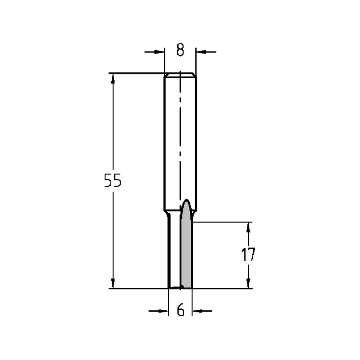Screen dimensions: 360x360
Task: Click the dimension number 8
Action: (180, 50)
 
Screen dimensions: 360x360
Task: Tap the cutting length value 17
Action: (248, 255)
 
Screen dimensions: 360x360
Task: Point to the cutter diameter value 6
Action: (181, 310)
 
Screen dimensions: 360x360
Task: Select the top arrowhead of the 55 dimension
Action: (113, 79)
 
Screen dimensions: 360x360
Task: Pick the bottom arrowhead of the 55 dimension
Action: (113, 282)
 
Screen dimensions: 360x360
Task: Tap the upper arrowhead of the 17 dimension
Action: (248, 228)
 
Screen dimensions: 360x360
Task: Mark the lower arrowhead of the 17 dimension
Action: (248, 283)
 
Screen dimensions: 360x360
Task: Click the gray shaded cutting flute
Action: (186, 252)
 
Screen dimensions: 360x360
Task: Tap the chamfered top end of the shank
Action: (180, 75)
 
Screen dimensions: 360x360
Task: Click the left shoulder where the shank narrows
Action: (167, 214)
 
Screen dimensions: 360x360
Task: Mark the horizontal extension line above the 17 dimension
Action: (223, 222)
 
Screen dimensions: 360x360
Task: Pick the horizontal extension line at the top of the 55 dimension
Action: (137, 73)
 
